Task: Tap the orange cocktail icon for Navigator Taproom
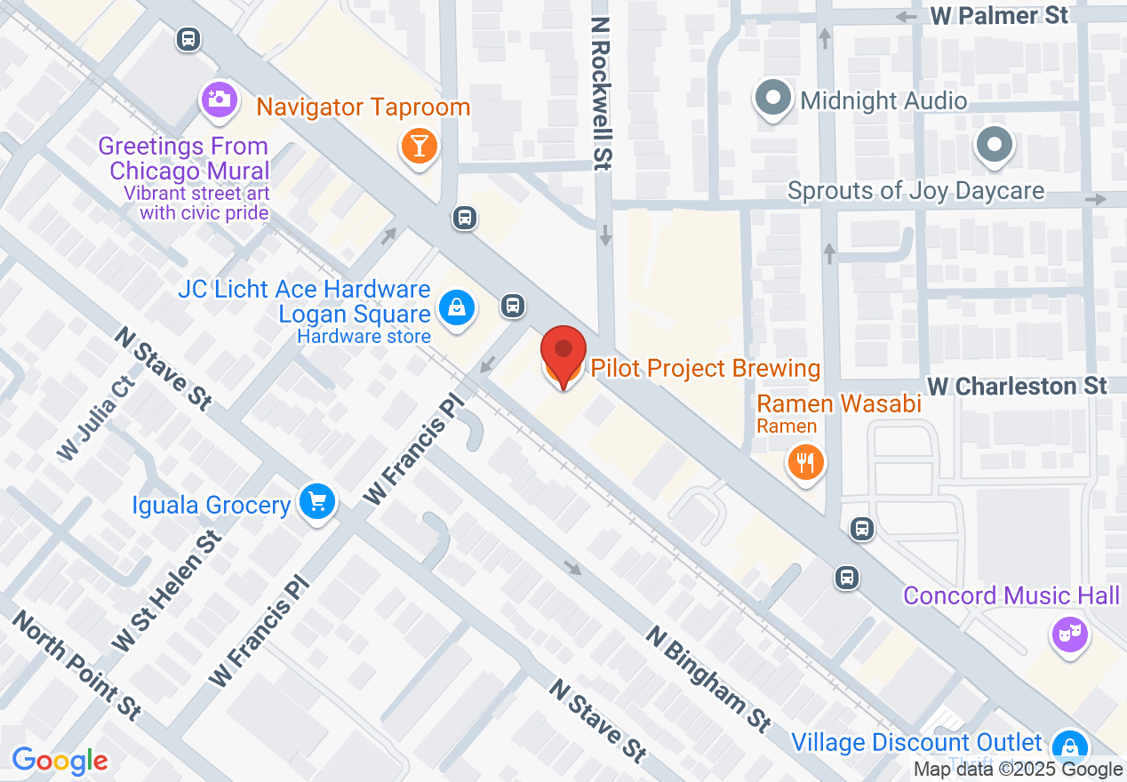[418, 145]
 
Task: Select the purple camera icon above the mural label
[219, 98]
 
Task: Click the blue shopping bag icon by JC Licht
[456, 308]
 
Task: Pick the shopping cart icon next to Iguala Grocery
[317, 503]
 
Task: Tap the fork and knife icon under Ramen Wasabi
[806, 462]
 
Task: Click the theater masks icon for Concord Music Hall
[1070, 634]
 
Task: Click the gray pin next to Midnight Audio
[773, 99]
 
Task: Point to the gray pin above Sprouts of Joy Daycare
[994, 144]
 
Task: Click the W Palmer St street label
[999, 16]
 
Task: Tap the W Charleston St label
[1018, 386]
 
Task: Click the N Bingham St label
[708, 679]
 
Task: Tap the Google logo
[60, 761]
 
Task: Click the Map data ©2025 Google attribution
[1019, 770]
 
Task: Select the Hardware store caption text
[364, 336]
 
